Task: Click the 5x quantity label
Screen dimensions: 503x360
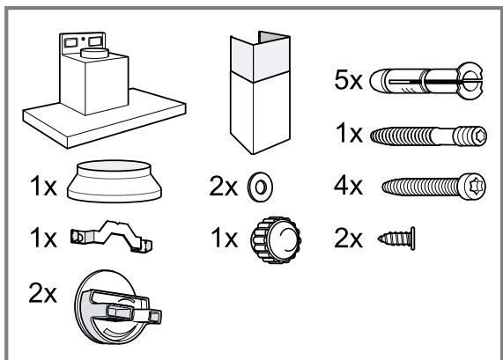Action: click(348, 80)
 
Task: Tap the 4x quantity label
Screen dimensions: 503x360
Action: click(348, 186)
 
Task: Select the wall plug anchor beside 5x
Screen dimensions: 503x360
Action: click(426, 81)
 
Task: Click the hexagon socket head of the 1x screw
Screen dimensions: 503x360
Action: click(480, 136)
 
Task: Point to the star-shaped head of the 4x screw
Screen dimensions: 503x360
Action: click(475, 187)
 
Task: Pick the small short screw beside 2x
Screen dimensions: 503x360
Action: click(396, 239)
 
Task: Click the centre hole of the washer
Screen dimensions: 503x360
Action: click(261, 187)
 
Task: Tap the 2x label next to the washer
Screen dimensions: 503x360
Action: click(223, 187)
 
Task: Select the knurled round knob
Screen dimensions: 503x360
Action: click(276, 239)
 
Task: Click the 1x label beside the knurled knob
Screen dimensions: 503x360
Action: click(225, 239)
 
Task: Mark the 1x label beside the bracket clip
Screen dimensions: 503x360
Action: click(43, 239)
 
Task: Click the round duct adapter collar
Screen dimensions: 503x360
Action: click(115, 181)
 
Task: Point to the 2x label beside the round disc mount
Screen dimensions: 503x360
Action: click(42, 293)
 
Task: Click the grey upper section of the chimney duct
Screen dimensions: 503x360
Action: click(261, 58)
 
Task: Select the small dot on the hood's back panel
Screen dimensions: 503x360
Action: click(83, 39)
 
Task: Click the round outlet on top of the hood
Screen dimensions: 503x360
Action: click(94, 53)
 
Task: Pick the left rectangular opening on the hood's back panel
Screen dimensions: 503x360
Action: click(70, 42)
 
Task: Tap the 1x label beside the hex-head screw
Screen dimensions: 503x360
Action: click(349, 134)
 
